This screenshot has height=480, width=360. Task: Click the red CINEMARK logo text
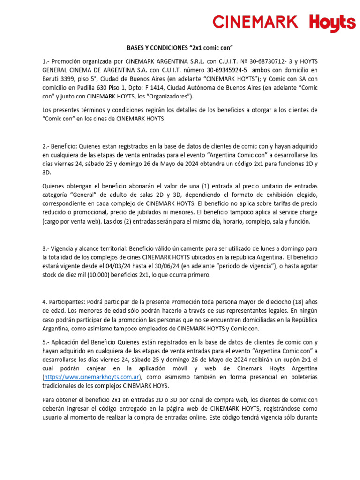255,22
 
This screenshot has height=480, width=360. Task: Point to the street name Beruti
51,79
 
